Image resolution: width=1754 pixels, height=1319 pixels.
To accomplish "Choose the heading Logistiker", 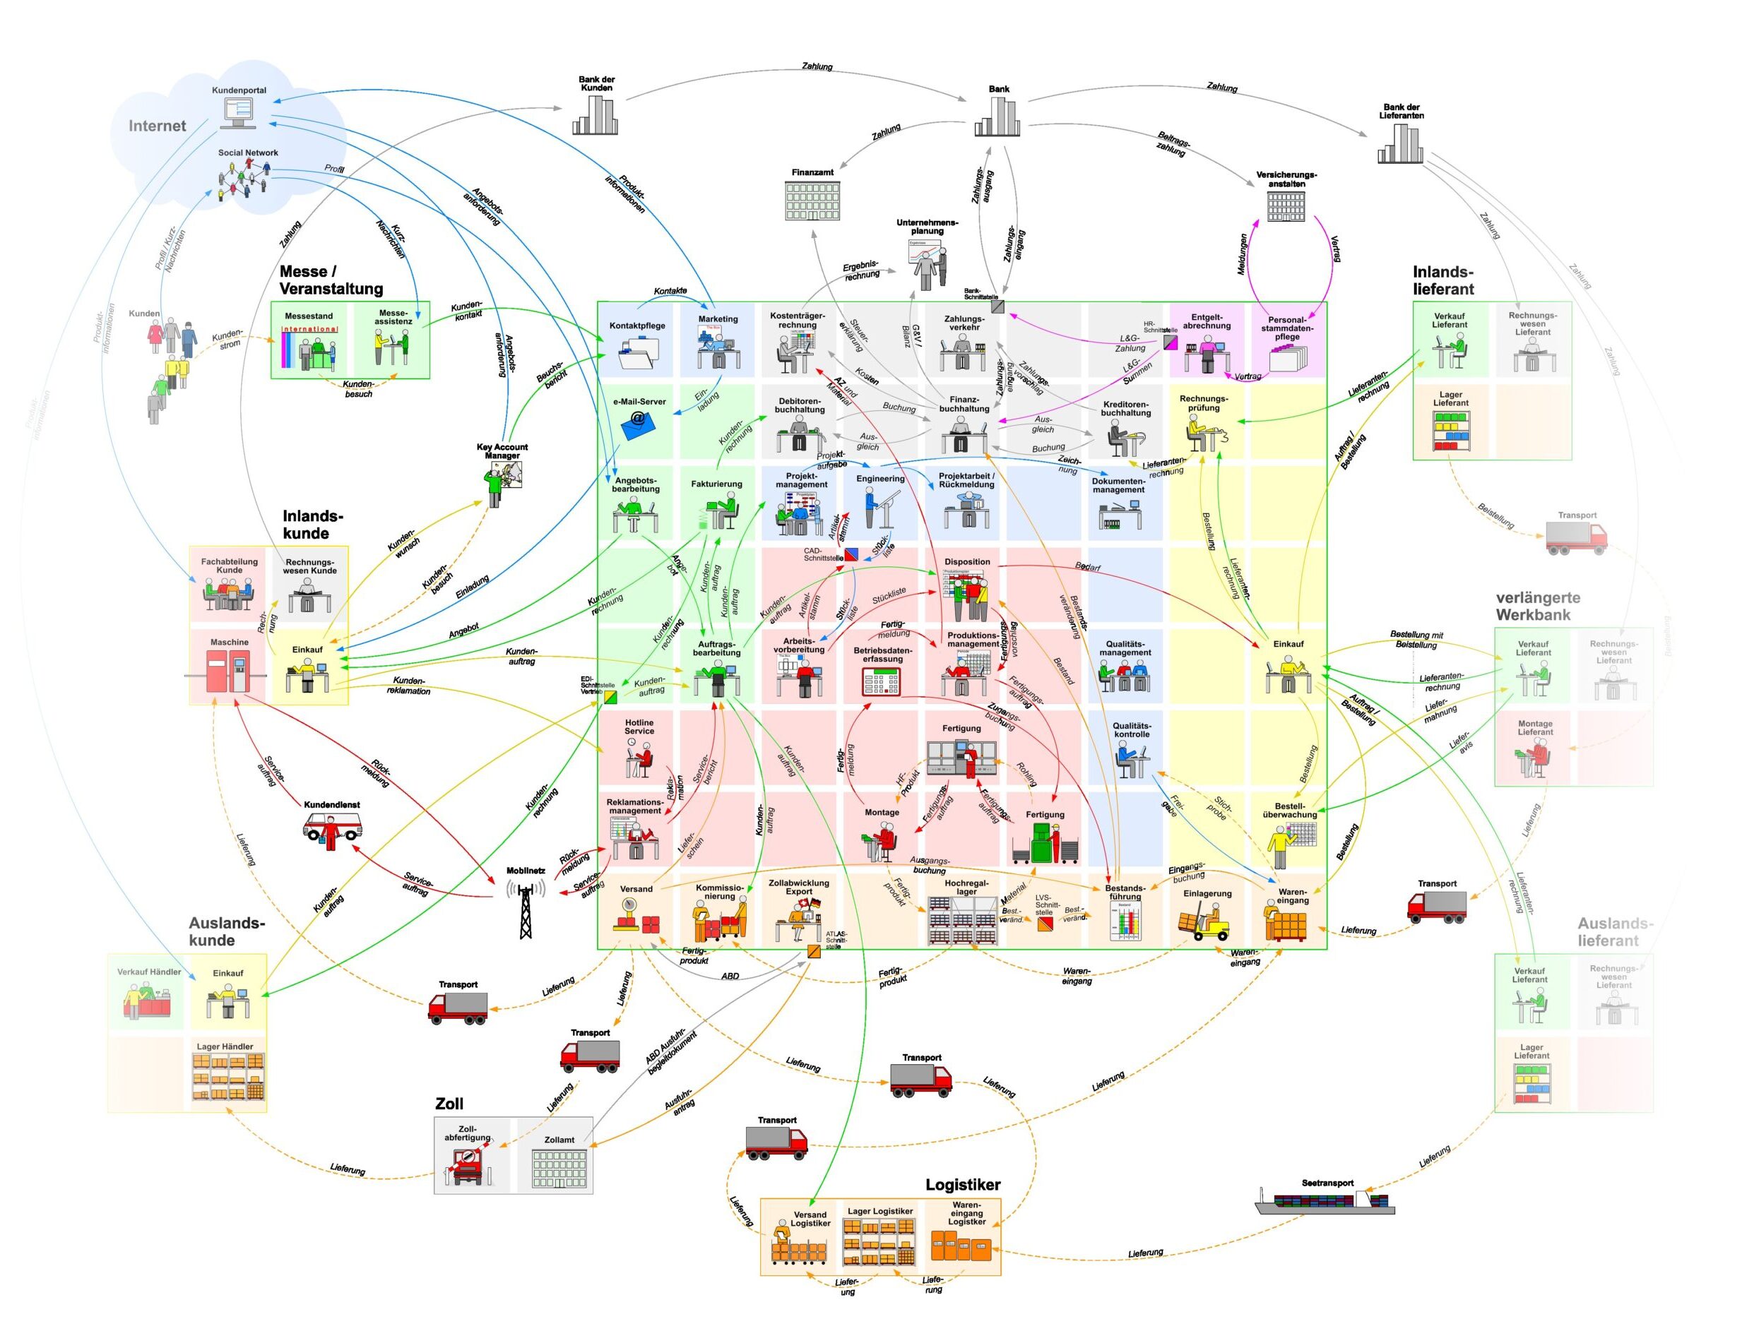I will click(963, 1184).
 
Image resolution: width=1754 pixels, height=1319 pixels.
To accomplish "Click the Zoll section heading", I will click(449, 1104).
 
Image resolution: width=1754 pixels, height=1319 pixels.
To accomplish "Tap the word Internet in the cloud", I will click(157, 126).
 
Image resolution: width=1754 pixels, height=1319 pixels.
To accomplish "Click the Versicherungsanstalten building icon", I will click(1286, 206).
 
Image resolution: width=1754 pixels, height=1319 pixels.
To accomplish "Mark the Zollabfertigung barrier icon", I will click(468, 1166).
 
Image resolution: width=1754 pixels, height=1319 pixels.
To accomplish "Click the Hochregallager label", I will click(966, 887).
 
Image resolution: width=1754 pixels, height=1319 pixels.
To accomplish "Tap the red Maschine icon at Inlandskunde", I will click(228, 672).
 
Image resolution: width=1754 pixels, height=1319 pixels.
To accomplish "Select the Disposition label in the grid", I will click(966, 561).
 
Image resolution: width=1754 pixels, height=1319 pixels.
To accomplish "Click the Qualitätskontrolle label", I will click(1131, 729).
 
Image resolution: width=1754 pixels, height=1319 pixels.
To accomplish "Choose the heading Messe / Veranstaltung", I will click(331, 280).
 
